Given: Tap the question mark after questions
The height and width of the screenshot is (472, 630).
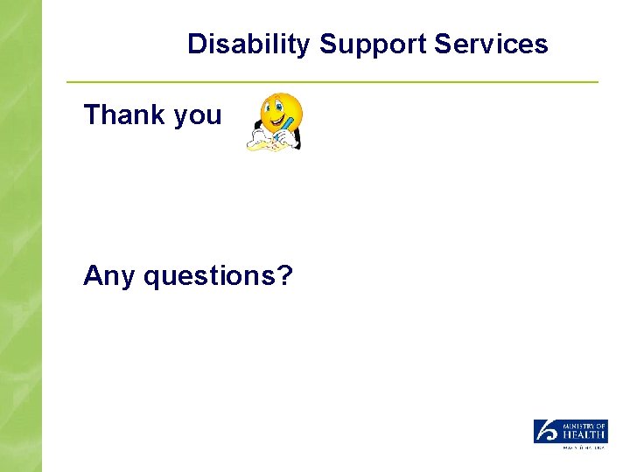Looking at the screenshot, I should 284,275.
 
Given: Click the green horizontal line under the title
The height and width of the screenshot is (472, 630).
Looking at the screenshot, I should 332,82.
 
